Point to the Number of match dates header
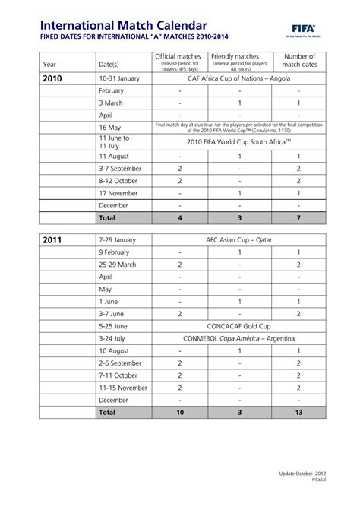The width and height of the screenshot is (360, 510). coord(298,61)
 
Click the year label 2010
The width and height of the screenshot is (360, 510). coord(52,78)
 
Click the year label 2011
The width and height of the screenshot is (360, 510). coord(52,240)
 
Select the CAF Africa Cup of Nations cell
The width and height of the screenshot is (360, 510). coord(238,78)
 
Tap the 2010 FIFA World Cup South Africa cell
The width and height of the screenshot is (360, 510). coord(238,141)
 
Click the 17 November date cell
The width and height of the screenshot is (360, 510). coord(121,193)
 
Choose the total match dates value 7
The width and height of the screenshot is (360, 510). coord(298,218)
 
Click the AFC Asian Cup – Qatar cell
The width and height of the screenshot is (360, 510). coord(238,240)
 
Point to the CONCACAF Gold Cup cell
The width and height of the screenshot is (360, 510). coord(238,325)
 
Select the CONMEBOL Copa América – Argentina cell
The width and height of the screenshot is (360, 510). coord(238,338)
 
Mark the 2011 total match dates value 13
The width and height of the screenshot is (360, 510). coord(298,412)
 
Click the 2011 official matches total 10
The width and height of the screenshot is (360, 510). coord(180,412)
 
